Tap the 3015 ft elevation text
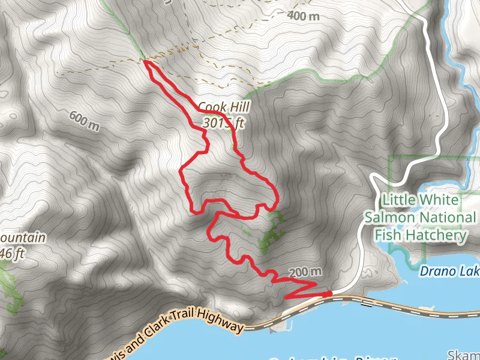coord(224,124)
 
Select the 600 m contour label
coord(83,121)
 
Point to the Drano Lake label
coord(449,271)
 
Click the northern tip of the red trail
coord(145,61)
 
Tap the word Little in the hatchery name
coord(403,199)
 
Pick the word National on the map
coord(448,217)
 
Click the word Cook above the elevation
coord(211,107)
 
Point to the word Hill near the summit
coord(236,107)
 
